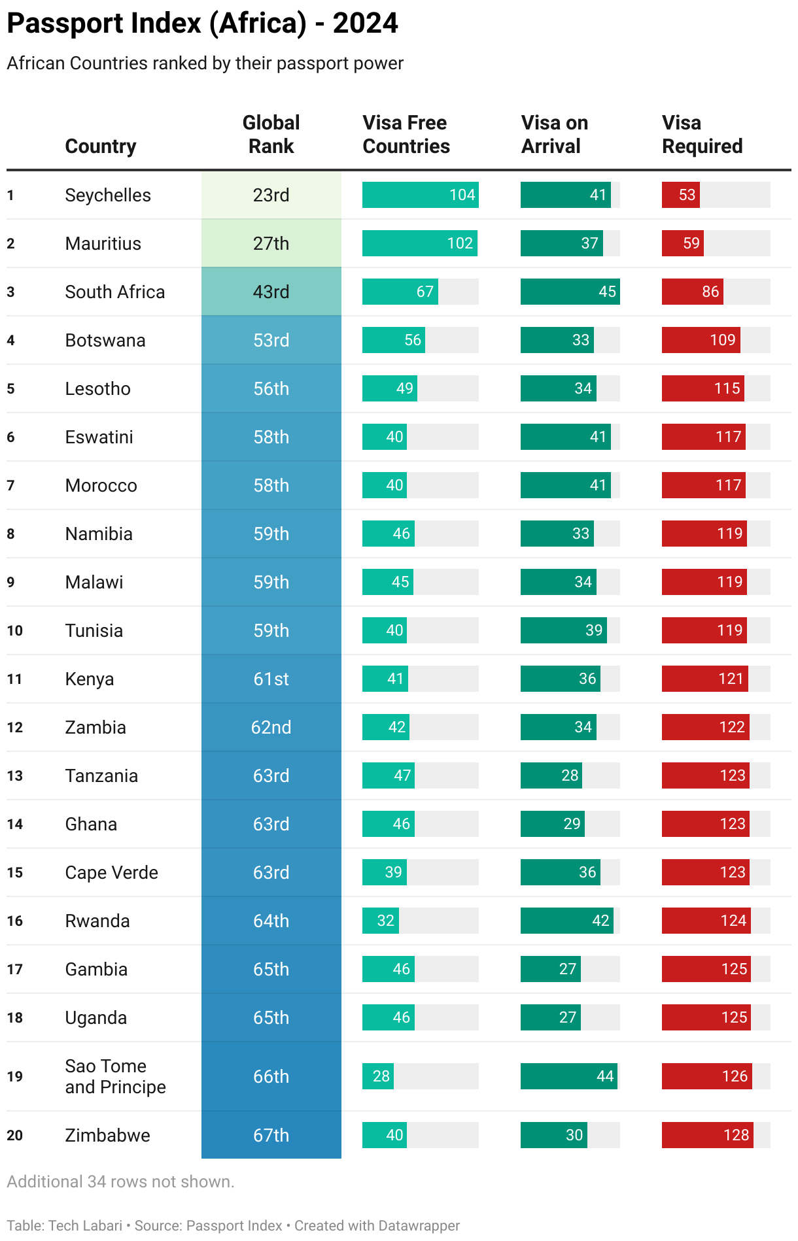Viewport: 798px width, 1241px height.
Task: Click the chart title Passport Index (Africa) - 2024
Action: click(x=202, y=24)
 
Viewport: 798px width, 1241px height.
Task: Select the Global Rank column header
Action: click(x=271, y=134)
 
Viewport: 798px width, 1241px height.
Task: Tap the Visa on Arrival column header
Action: click(x=554, y=134)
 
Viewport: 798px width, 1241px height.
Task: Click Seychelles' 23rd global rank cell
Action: click(x=271, y=195)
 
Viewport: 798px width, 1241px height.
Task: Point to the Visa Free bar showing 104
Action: click(x=420, y=195)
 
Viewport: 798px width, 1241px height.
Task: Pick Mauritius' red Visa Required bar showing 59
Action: click(x=682, y=243)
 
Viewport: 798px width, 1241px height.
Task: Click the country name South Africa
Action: click(x=114, y=292)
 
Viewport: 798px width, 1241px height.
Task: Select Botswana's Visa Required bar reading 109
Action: click(x=701, y=340)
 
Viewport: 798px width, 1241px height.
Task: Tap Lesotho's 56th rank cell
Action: click(x=271, y=388)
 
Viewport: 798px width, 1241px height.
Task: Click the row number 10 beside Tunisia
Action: click(x=14, y=630)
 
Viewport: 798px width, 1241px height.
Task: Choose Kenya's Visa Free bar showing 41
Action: click(x=385, y=679)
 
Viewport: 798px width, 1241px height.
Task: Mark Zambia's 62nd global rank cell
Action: click(x=271, y=727)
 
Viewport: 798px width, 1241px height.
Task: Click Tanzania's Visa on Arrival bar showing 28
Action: click(x=551, y=775)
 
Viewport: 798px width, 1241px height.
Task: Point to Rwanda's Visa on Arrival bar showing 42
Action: click(x=566, y=921)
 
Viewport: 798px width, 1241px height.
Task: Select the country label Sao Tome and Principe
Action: click(x=115, y=1076)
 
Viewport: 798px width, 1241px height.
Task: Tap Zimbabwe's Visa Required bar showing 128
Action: click(x=707, y=1135)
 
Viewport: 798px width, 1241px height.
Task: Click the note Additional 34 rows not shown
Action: click(x=120, y=1181)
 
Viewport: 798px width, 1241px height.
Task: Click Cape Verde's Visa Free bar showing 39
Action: click(x=385, y=872)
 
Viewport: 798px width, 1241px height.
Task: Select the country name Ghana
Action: click(x=91, y=824)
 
